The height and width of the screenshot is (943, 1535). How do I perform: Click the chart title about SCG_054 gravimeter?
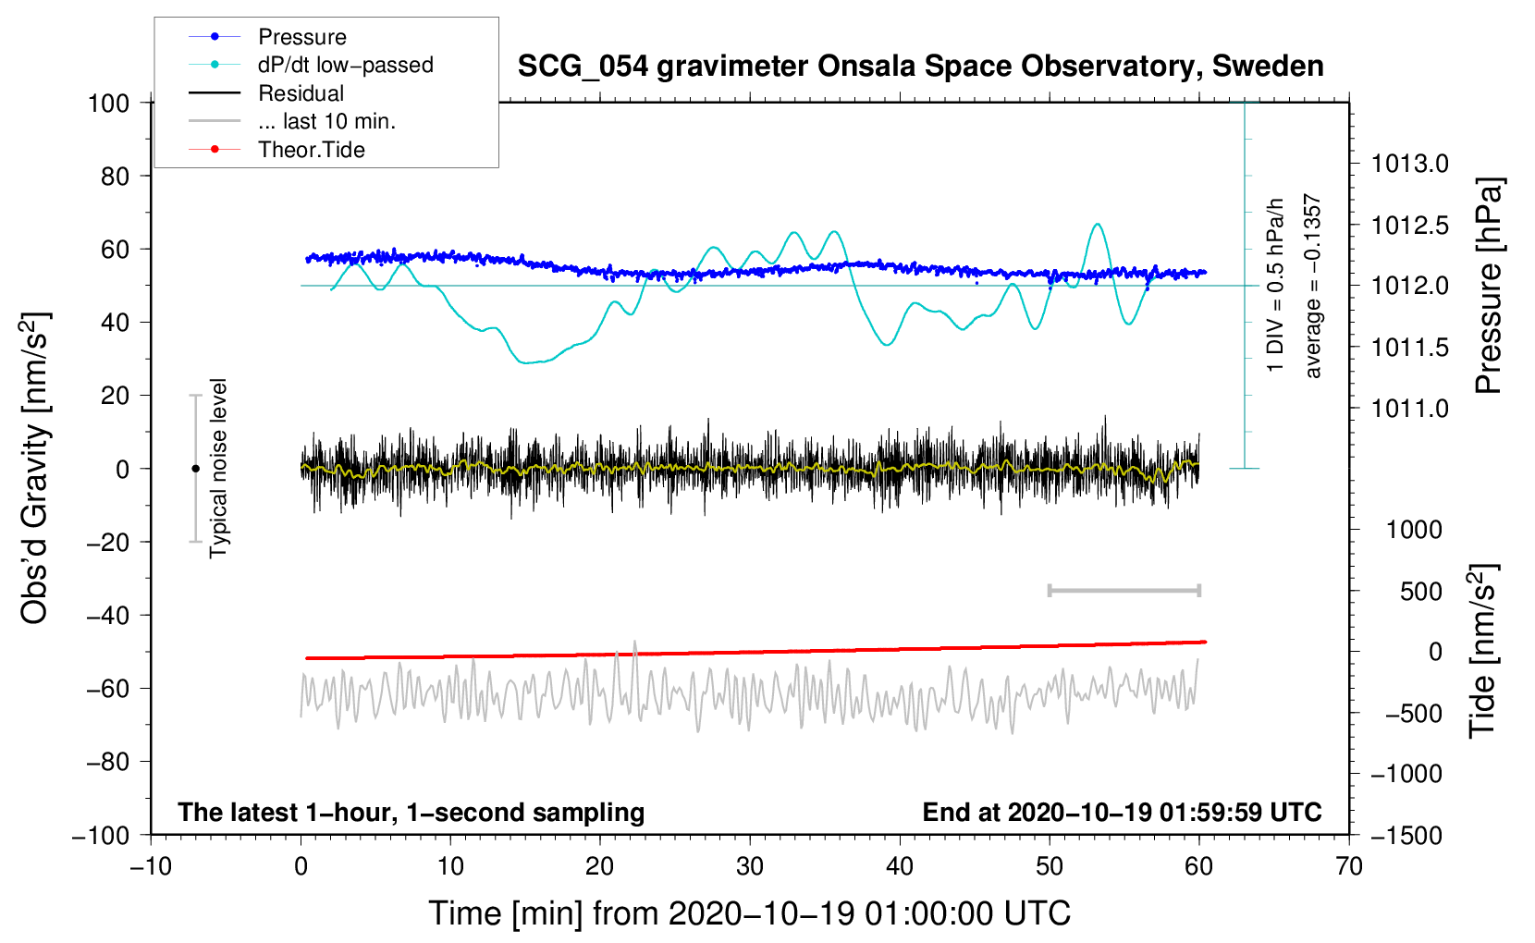pos(920,67)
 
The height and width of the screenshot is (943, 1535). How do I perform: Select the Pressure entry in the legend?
pos(301,37)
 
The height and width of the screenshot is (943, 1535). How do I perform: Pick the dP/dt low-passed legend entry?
pos(345,65)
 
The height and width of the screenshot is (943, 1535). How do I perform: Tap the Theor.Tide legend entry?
pos(311,150)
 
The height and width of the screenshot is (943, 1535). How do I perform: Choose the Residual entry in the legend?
pos(301,93)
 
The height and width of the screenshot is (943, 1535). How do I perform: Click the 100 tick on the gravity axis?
pos(108,103)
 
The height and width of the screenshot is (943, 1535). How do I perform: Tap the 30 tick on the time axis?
pos(750,866)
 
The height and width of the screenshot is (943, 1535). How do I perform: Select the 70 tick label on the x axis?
pos(1349,866)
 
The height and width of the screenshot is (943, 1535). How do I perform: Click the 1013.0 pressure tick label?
pos(1410,165)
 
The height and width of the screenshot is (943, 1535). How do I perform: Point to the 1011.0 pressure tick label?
pos(1410,409)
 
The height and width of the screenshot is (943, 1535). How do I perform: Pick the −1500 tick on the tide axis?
pos(1406,835)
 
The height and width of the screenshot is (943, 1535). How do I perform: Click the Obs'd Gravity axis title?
pos(35,468)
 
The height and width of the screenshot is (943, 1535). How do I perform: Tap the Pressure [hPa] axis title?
pos(1488,286)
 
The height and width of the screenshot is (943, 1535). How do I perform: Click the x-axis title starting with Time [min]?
pos(749,913)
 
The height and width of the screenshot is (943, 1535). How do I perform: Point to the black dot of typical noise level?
pos(195,469)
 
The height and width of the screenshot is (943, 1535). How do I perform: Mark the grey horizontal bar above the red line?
pos(1124,591)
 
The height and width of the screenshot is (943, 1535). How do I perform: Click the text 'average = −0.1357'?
pos(1313,286)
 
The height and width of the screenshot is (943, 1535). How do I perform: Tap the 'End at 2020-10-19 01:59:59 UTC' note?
pos(1122,813)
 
